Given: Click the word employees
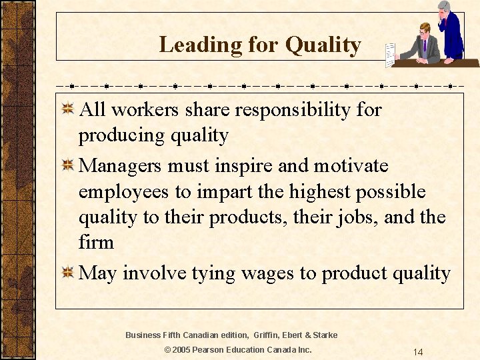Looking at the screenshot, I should click(x=124, y=193).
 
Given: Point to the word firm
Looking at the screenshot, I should click(x=96, y=242).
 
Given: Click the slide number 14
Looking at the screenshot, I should click(x=417, y=351).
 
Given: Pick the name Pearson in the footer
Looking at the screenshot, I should click(x=214, y=350).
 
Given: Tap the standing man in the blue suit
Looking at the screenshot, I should click(x=451, y=30).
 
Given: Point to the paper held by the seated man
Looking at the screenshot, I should click(x=390, y=54).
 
